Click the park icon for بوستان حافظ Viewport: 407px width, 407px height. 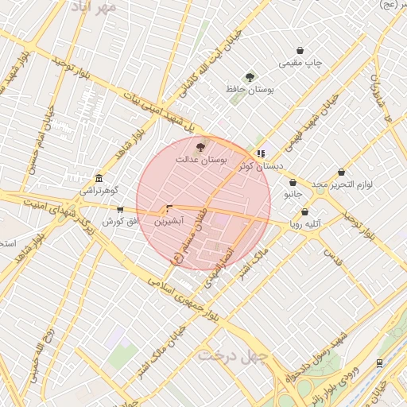(250, 77)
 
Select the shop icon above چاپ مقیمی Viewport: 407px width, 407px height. (300, 50)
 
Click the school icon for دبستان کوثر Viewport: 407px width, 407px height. (260, 153)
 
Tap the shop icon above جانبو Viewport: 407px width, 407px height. (293, 182)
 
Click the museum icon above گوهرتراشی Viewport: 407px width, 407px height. (99, 178)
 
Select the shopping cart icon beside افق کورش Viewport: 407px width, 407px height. (120, 210)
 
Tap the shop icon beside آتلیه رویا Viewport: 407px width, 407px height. (305, 212)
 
